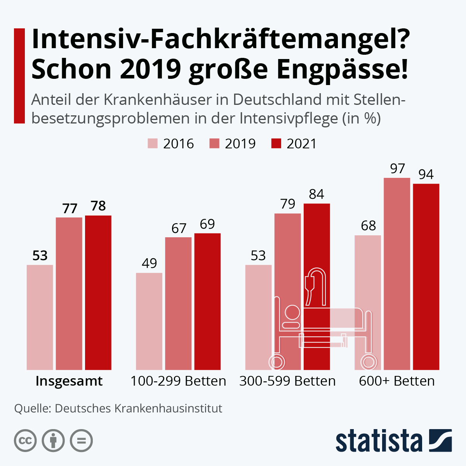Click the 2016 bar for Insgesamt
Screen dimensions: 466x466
[40, 317]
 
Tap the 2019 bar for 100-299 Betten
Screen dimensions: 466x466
[178, 303]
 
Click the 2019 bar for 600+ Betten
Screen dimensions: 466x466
[397, 274]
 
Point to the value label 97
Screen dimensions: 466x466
[397, 169]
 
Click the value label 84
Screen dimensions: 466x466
[316, 194]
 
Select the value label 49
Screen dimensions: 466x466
[149, 263]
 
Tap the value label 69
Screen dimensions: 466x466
[207, 224]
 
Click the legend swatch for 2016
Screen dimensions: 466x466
[153, 143]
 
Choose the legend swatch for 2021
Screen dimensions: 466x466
[276, 143]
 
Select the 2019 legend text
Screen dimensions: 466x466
[240, 144]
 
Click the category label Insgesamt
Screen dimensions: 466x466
[69, 381]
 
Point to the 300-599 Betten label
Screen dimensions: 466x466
[287, 381]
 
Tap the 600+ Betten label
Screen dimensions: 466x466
[397, 381]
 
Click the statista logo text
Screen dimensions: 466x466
[379, 441]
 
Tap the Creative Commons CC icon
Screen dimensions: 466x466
[25, 441]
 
